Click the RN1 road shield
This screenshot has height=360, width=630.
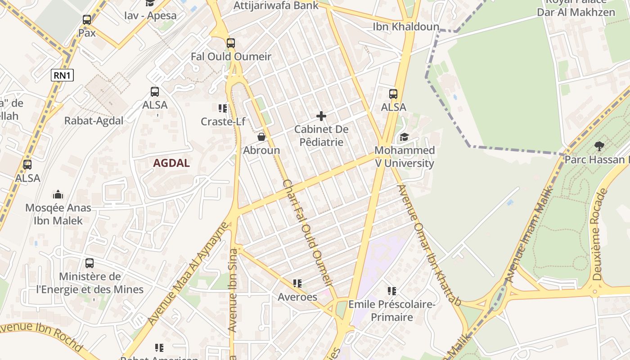coord(62,76)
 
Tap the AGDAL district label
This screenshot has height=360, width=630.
coord(171,163)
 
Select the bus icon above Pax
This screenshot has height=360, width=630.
coord(87,20)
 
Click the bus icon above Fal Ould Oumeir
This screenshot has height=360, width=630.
coord(231,43)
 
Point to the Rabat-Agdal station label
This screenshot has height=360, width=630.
coord(94,121)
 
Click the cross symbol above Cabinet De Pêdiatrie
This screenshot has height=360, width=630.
coord(321,117)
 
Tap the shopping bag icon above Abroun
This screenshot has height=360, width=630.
coord(261,137)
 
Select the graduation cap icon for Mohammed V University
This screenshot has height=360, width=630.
coord(404,137)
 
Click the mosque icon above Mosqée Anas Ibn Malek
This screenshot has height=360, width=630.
coord(58,194)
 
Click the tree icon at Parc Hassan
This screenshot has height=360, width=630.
coord(599,146)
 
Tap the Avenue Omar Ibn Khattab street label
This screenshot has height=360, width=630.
coord(429,245)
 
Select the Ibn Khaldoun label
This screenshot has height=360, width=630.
coord(406,27)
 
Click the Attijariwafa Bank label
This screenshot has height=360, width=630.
coord(276,6)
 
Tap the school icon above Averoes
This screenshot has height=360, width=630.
coord(297,283)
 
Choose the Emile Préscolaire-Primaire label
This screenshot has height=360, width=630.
coord(392,311)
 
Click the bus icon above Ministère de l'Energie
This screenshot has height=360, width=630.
coord(90,263)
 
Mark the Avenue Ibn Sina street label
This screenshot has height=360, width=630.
coord(233,290)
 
